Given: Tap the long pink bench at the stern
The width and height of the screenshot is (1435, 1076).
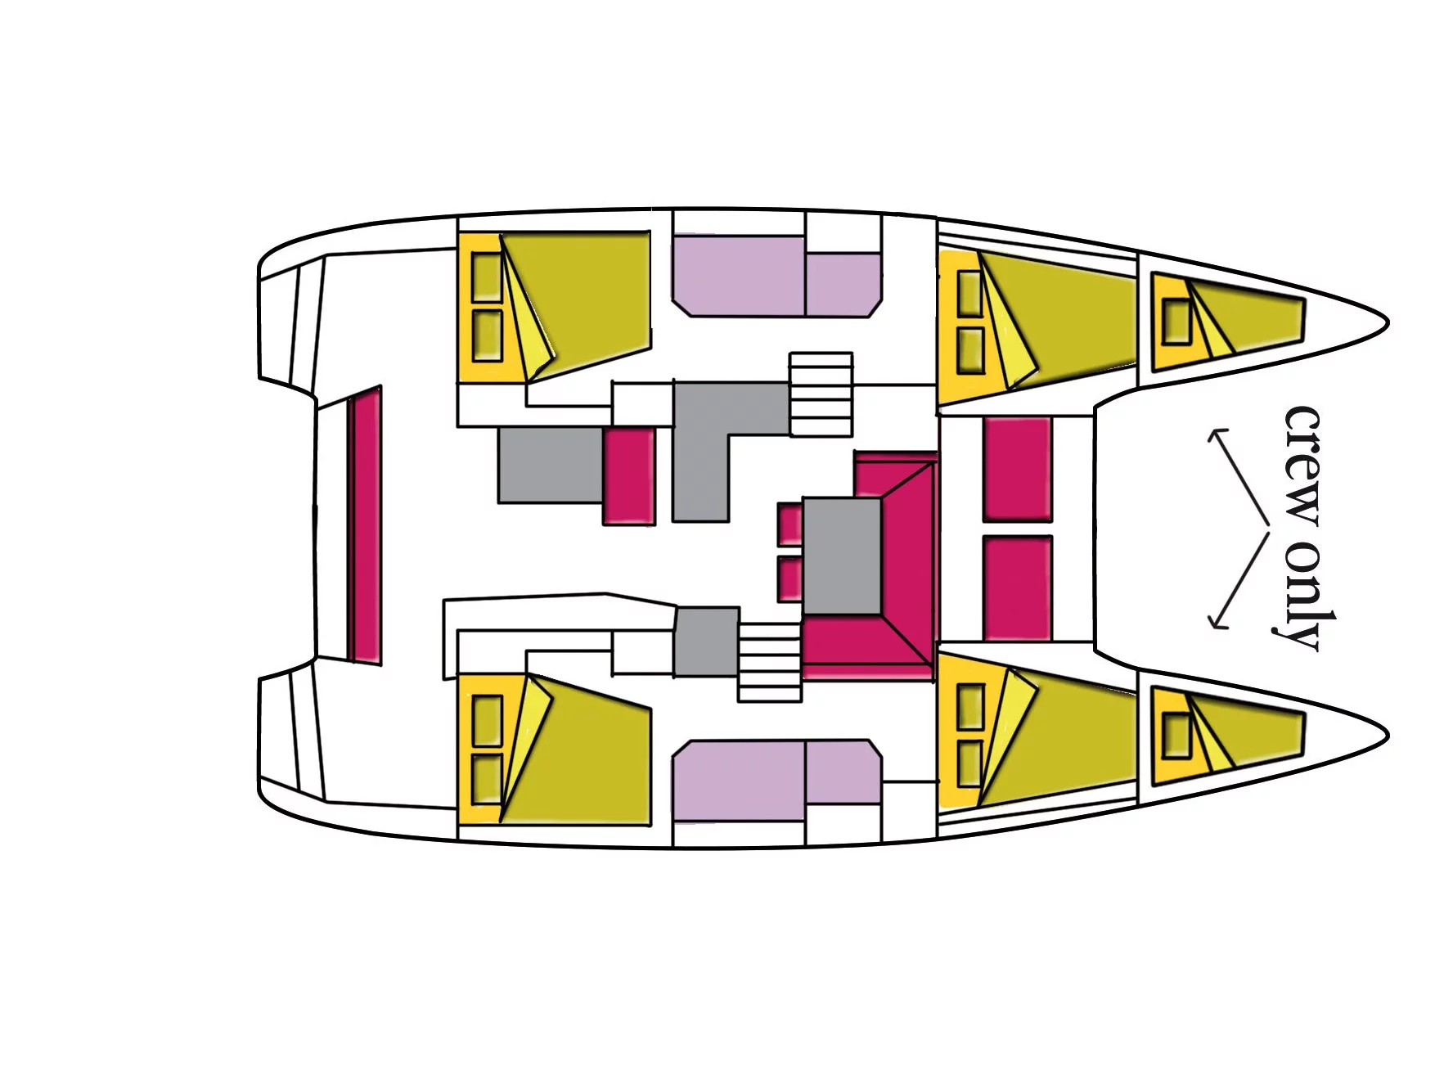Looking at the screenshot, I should click(x=365, y=524).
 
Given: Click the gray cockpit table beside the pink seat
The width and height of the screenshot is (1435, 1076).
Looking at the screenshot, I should click(x=551, y=465).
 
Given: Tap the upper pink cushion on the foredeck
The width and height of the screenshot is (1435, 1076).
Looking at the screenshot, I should click(x=1017, y=468).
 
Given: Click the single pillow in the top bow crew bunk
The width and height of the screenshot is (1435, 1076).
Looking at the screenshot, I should click(x=1176, y=321).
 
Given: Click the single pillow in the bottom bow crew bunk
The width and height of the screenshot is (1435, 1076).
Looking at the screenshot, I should click(x=1176, y=735).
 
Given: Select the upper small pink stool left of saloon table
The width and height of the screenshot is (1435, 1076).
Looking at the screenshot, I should click(x=789, y=524).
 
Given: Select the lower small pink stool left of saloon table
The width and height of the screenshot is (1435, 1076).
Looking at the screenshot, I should click(x=789, y=577).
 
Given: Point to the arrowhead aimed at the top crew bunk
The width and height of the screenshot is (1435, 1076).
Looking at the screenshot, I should click(x=1215, y=434).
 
